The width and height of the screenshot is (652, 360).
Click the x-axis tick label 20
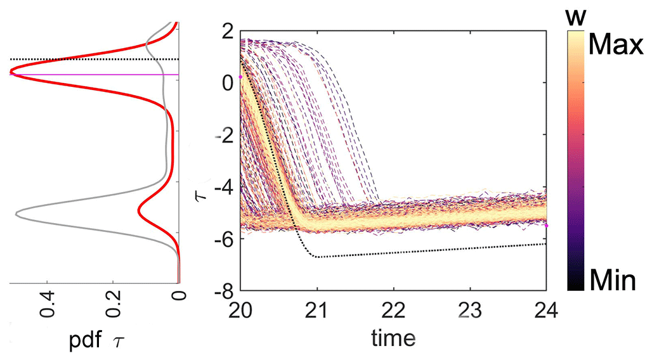pos(242,310)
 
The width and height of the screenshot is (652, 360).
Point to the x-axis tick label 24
pos(546,310)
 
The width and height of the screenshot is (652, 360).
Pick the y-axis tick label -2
pos(218,135)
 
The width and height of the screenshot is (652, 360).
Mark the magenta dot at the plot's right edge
pos(546,226)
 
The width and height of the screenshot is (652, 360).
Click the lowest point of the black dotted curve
pos(316,257)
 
